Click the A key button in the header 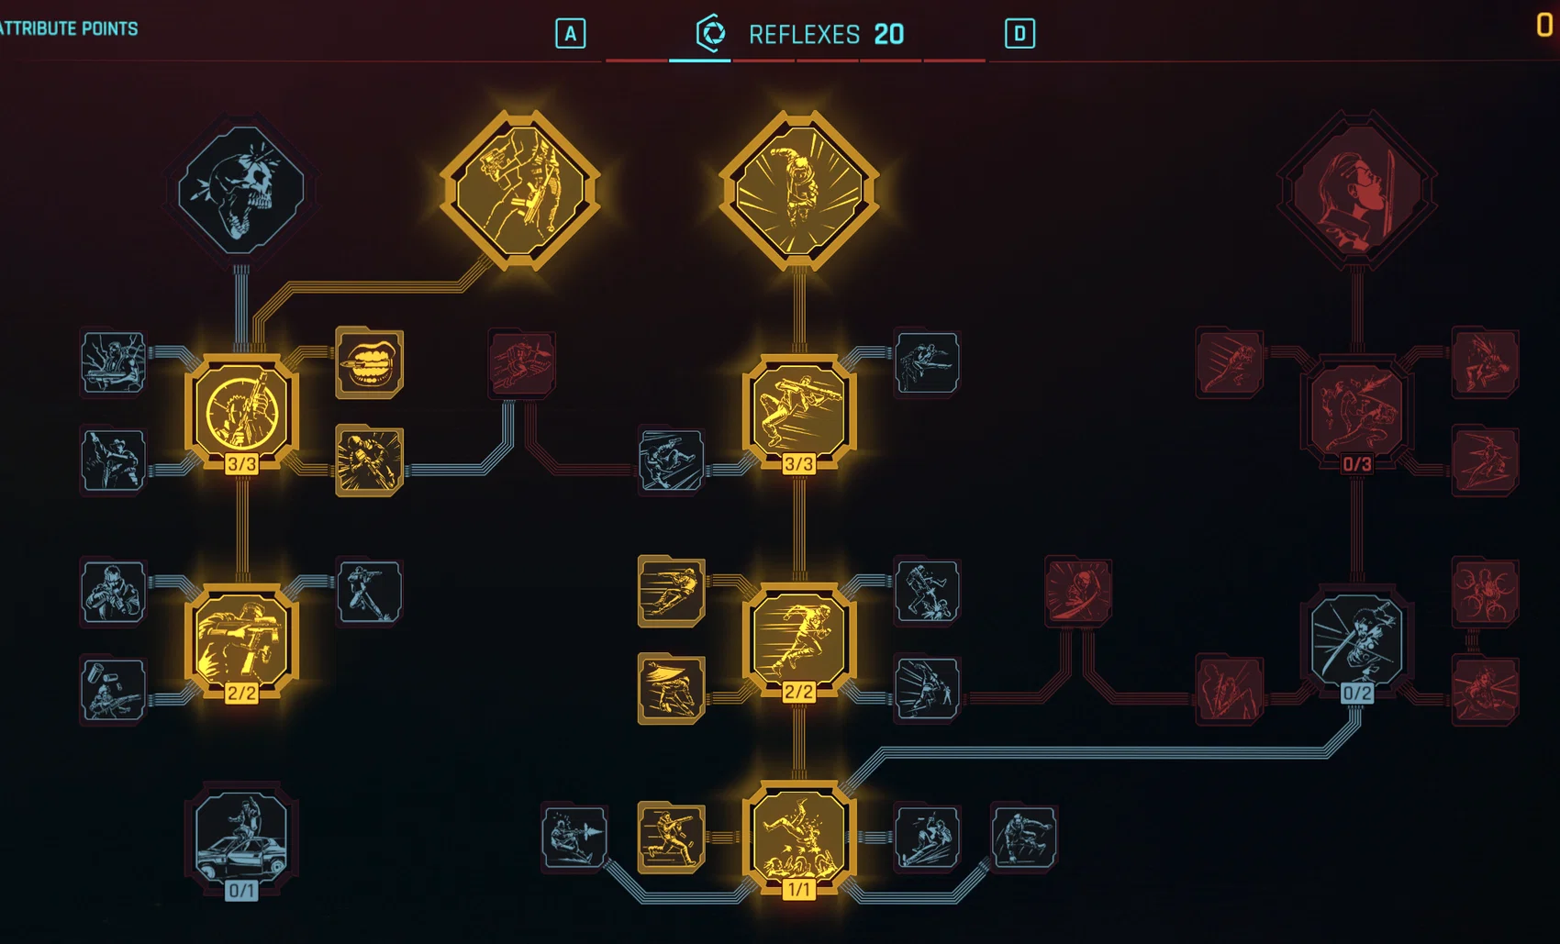[571, 33]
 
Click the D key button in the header [1020, 33]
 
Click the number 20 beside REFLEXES [889, 34]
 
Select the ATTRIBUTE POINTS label [68, 28]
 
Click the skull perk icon [241, 189]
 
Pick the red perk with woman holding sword [1356, 189]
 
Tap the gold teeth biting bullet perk [369, 362]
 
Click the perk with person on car [241, 837]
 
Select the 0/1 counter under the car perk [241, 891]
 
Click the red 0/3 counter [1356, 464]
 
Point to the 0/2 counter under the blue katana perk [1356, 694]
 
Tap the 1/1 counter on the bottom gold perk [798, 890]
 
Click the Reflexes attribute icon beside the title [711, 33]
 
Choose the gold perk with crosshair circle [241, 411]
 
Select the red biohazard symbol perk [1485, 592]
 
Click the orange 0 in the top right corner [1544, 25]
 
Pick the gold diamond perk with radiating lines [798, 189]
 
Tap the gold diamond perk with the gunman [520, 189]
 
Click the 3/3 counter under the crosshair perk [241, 464]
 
